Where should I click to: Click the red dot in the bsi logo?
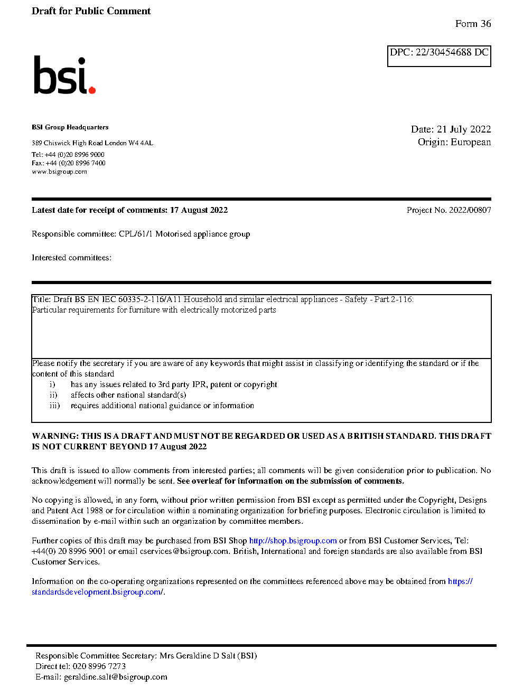(92, 90)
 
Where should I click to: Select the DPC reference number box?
(439, 56)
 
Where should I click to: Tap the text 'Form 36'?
(473, 24)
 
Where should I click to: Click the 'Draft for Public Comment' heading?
(91, 11)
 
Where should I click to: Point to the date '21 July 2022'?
(464, 129)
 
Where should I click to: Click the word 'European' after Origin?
(471, 142)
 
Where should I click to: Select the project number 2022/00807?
(470, 210)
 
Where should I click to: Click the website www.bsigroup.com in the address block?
(59, 172)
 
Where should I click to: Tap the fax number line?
(69, 163)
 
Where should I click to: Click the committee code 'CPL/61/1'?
(136, 234)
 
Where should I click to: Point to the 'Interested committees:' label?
(71, 258)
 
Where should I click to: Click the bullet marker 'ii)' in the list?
(53, 395)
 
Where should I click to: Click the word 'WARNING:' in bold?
(55, 436)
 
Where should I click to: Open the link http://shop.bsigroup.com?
(293, 541)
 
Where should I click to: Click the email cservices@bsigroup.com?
(184, 551)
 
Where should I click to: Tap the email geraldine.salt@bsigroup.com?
(115, 677)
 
